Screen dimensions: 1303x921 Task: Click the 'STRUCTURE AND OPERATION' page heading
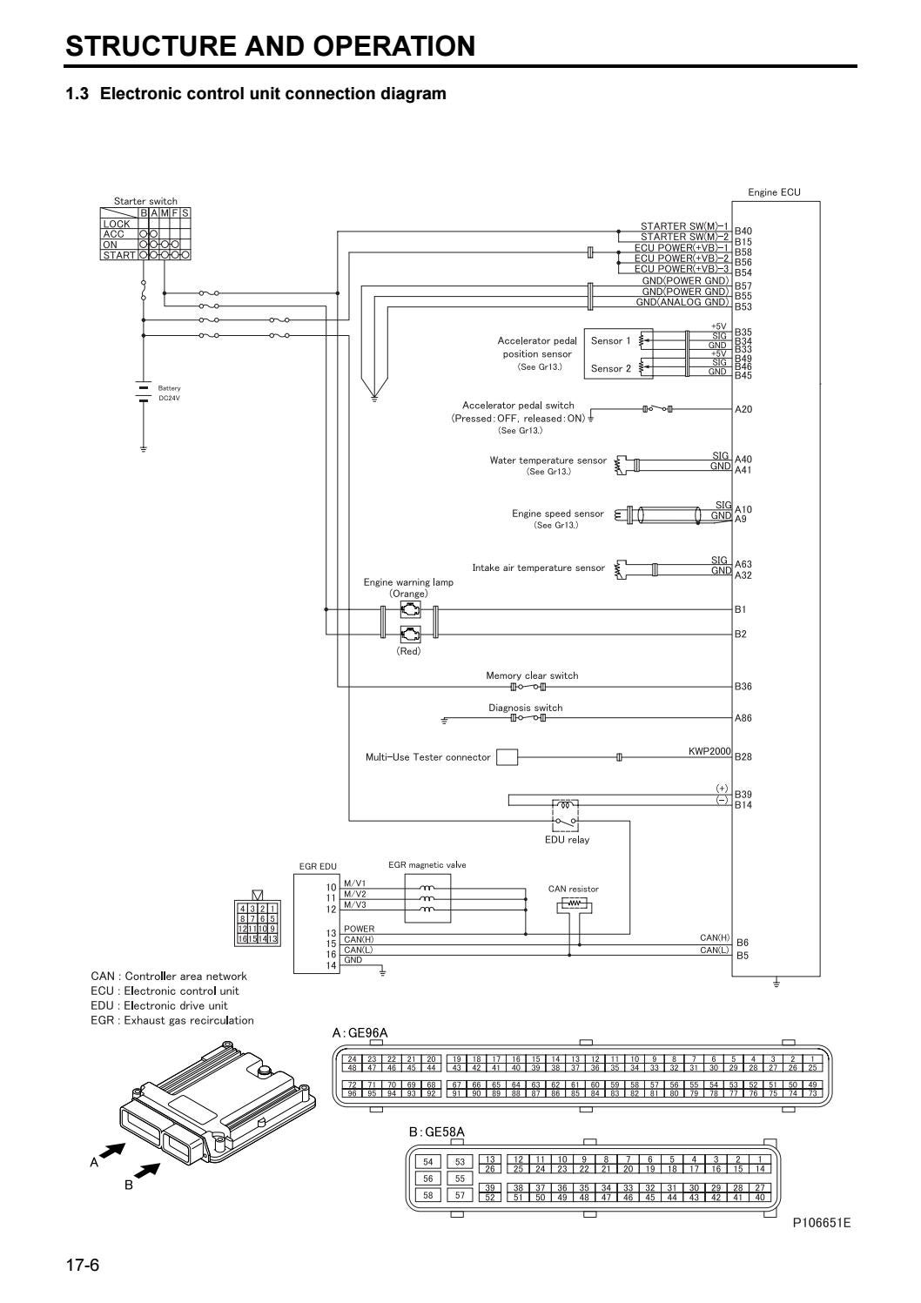(271, 45)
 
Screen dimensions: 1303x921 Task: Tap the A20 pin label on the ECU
(743, 409)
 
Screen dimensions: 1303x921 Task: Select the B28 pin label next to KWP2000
(743, 756)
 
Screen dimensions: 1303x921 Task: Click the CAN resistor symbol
(574, 904)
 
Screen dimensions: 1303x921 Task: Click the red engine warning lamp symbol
(409, 634)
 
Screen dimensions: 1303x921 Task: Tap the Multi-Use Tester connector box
(507, 756)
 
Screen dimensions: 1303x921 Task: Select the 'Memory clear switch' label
(531, 675)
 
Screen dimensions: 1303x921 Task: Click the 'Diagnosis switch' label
(525, 708)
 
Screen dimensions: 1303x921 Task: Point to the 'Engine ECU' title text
(774, 192)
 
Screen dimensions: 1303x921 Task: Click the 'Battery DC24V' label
(169, 393)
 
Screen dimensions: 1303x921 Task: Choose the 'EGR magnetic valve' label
(427, 865)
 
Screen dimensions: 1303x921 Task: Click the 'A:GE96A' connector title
(360, 1032)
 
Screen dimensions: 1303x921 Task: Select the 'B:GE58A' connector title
(437, 1132)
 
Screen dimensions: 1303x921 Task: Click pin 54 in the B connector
(427, 1162)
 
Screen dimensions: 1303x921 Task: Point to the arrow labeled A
(111, 1152)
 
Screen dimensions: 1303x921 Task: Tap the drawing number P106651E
(821, 1223)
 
